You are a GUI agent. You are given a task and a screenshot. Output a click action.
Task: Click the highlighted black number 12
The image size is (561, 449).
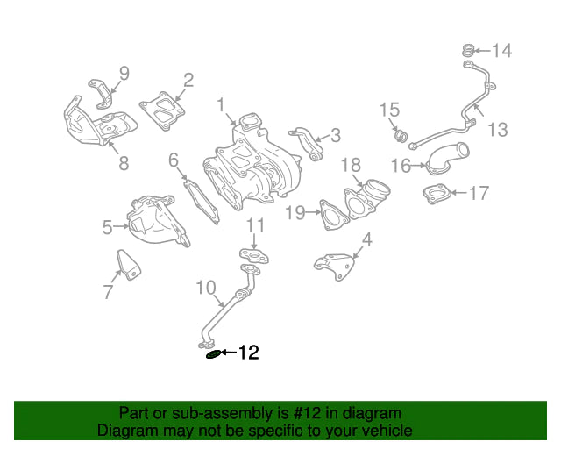coord(249,353)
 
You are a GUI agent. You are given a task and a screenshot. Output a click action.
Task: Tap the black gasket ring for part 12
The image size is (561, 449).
coord(214,355)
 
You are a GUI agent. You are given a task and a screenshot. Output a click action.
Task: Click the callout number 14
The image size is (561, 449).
coord(502,51)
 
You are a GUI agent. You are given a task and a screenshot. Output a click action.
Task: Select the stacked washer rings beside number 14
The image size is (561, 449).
coord(467,51)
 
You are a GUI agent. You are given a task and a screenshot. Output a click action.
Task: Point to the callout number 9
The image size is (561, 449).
coord(124,73)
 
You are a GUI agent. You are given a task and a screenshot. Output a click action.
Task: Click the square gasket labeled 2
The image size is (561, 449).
coord(162,110)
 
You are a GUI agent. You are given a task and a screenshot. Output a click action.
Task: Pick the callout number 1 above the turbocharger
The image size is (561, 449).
coord(221,105)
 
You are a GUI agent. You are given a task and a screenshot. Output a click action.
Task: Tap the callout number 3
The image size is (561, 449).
coord(335,135)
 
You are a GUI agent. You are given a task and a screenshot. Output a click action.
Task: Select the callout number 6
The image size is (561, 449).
coord(174,160)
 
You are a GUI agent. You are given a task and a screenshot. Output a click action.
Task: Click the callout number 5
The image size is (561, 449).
coord(107,227)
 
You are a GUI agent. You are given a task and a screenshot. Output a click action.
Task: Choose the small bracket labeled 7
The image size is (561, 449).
coord(128,265)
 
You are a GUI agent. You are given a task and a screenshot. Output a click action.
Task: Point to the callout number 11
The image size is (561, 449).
coord(255,225)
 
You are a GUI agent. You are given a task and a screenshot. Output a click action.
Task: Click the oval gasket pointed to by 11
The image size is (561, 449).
coord(254,256)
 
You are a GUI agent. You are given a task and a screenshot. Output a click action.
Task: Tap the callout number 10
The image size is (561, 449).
coord(206,288)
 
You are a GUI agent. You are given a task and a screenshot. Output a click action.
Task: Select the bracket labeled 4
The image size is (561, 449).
coord(334,267)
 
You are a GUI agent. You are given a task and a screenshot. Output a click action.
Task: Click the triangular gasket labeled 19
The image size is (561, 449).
coord(333,215)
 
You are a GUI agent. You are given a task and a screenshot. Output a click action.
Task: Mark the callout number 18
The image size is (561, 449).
coord(351,165)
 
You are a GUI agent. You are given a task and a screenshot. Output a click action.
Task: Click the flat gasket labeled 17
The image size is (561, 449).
coord(436,194)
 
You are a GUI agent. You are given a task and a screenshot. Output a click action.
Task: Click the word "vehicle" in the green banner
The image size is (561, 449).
coord(386,430)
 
